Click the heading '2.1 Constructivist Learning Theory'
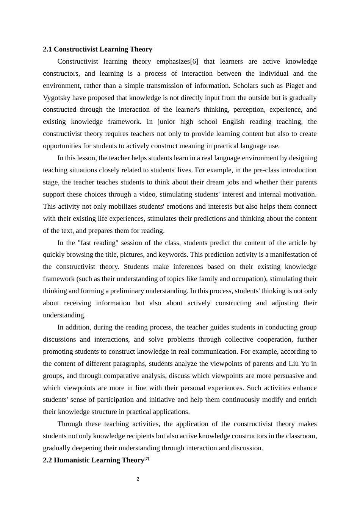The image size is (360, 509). click(x=97, y=49)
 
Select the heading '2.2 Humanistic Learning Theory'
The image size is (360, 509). click(x=94, y=460)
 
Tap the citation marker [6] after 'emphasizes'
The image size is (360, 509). click(x=194, y=61)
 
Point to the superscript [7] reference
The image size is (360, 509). click(x=147, y=458)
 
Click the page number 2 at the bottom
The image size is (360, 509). click(x=138, y=479)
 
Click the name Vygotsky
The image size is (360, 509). click(x=56, y=98)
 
